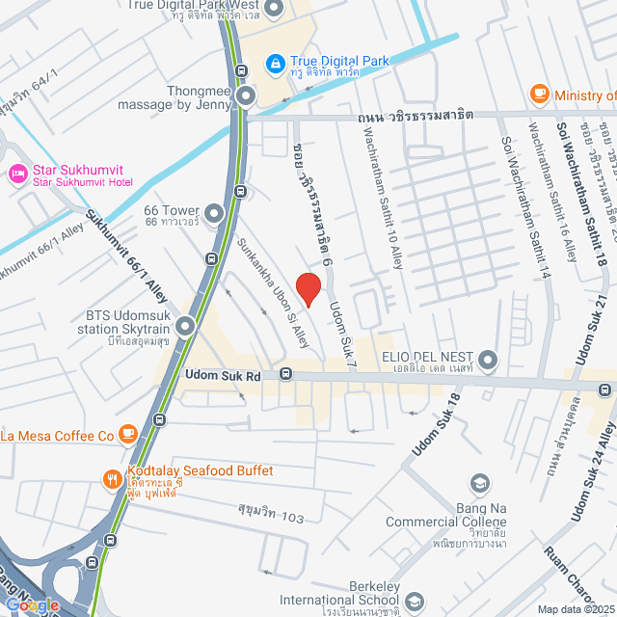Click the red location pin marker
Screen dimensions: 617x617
pos(307,287)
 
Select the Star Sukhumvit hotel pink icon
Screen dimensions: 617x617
pos(17,174)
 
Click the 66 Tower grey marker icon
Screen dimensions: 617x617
pos(213,212)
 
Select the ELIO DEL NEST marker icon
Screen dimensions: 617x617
pos(488,361)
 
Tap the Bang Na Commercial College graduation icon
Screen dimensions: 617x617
pos(479,482)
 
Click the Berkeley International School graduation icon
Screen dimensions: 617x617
pos(414,602)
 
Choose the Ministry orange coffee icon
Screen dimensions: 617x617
pos(540,94)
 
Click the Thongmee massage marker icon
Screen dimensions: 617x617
pos(247,95)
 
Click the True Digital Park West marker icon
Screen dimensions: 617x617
pos(274,10)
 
